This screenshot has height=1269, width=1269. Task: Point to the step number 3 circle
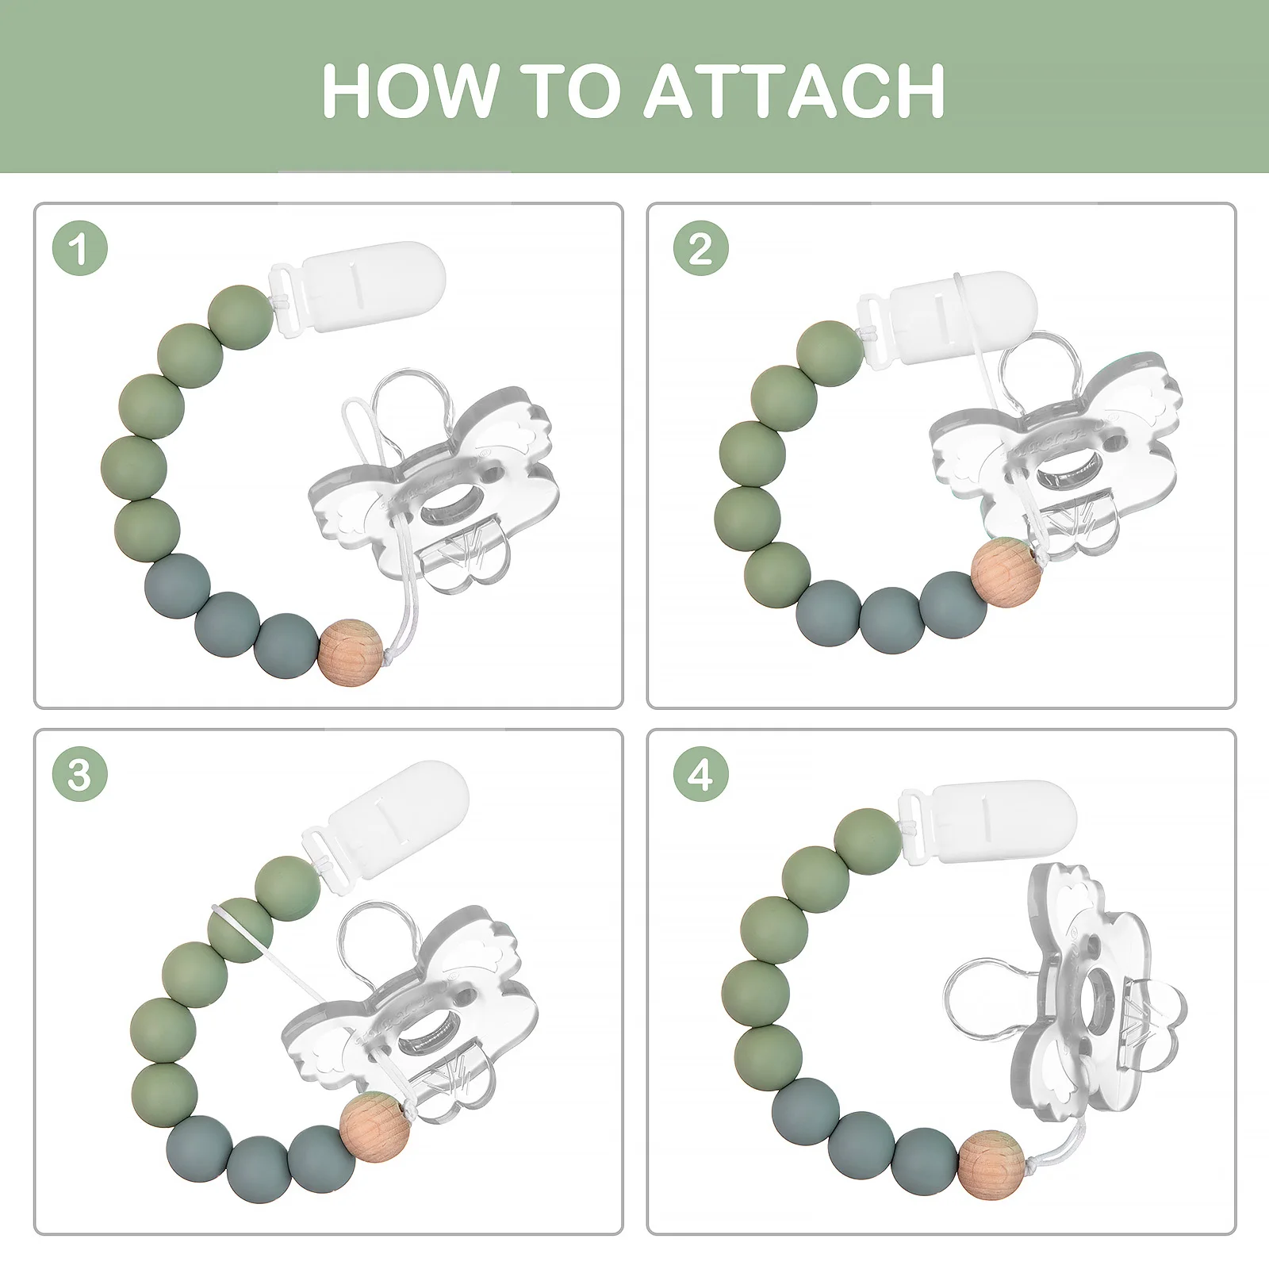pos(79,773)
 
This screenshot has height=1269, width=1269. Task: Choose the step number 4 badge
pos(701,773)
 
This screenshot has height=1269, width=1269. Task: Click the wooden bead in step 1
pos(351,652)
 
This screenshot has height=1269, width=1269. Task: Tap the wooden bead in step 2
pos(1006,572)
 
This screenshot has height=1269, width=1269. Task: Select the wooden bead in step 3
pos(372,1126)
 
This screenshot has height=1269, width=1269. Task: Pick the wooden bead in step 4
pos(991,1165)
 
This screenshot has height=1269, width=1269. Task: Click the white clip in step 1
pos(357,287)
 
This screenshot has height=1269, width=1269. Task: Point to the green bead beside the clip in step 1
pos(241,317)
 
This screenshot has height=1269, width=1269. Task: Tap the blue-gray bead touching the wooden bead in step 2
pos(954,604)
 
